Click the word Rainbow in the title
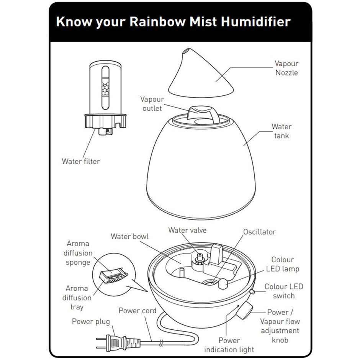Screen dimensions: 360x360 [x=157, y=21]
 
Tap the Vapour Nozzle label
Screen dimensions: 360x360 [x=286, y=68]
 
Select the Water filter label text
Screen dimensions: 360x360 [x=81, y=161]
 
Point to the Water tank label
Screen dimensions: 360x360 [x=281, y=131]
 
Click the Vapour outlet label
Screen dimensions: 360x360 [x=152, y=103]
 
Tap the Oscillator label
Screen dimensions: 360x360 [x=259, y=232]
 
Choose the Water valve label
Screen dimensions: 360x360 [x=187, y=230]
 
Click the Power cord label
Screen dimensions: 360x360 [x=137, y=311]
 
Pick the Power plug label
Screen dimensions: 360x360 [x=91, y=321]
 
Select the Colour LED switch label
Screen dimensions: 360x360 [x=284, y=291]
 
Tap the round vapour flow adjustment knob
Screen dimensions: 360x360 [x=244, y=311]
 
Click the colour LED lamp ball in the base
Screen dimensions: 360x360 [x=223, y=284]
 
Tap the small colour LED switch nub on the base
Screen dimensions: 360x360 [x=252, y=292]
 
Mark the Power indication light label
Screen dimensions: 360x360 [x=229, y=345]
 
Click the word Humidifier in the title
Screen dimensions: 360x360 [x=256, y=21]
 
